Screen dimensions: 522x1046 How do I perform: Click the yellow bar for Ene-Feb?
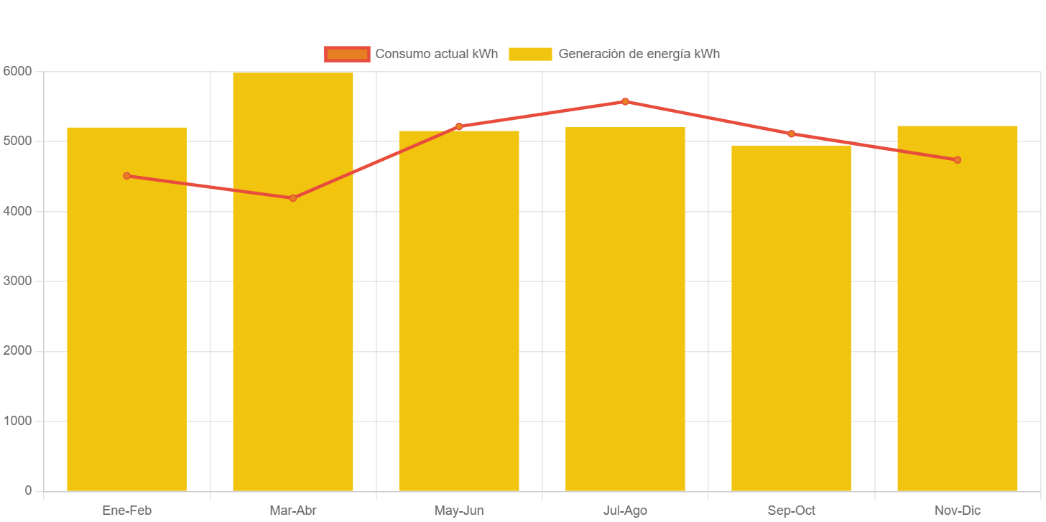pyautogui.click(x=126, y=309)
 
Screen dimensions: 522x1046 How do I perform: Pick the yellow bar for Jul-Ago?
pyautogui.click(x=625, y=309)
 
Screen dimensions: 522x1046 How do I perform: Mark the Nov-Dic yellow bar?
pyautogui.click(x=957, y=308)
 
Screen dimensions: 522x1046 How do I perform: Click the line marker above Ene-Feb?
pyautogui.click(x=126, y=176)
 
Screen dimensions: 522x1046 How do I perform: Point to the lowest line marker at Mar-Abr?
pyautogui.click(x=293, y=198)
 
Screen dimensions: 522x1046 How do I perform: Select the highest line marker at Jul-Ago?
pyautogui.click(x=625, y=101)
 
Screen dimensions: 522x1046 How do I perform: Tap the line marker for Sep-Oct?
pyautogui.click(x=791, y=134)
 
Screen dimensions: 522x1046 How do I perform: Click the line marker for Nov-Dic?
pyautogui.click(x=957, y=159)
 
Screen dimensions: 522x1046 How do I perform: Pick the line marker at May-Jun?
pyautogui.click(x=459, y=126)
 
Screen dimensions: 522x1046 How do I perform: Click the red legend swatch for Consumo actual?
pyautogui.click(x=347, y=54)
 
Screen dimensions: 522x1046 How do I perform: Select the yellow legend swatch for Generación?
pyautogui.click(x=530, y=54)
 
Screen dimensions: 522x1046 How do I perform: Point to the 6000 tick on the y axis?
pyautogui.click(x=17, y=71)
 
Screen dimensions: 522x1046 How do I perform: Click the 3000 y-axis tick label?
pyautogui.click(x=17, y=281)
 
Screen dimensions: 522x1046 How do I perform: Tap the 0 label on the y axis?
pyautogui.click(x=28, y=490)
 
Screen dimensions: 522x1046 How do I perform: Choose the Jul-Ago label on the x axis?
pyautogui.click(x=625, y=511)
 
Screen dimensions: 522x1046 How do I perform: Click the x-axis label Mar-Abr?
pyautogui.click(x=293, y=511)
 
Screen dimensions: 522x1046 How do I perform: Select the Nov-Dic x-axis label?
pyautogui.click(x=957, y=511)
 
